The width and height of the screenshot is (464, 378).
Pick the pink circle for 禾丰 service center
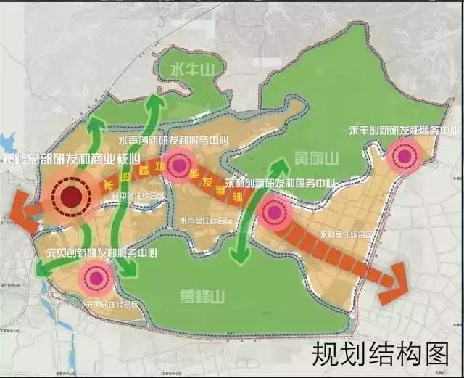tap(403, 155)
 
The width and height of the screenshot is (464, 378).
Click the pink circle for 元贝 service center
tap(95, 276)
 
